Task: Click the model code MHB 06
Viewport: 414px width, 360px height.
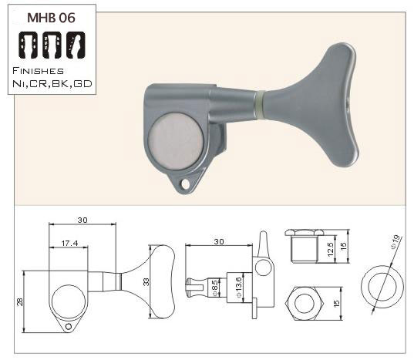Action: coord(51,18)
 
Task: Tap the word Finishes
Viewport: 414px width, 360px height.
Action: coord(38,71)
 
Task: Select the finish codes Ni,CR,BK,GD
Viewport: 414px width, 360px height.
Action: coord(52,84)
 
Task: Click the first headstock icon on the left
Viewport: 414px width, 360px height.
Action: coord(29,45)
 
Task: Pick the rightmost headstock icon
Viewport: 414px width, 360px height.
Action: coord(76,45)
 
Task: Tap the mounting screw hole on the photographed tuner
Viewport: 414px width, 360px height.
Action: coord(185,184)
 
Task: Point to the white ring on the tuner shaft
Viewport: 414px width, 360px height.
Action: coord(260,106)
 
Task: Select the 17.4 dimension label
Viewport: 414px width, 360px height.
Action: coord(69,244)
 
